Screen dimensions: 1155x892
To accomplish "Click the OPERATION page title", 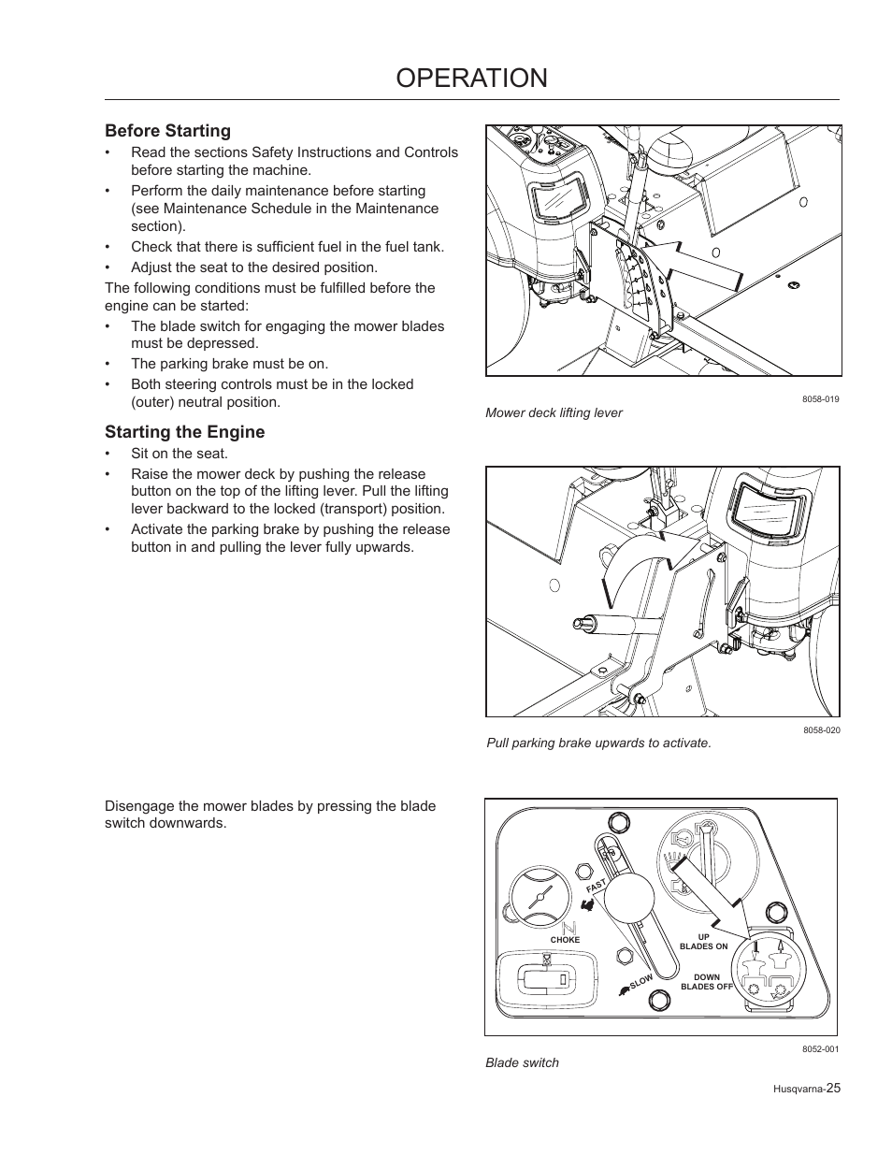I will click(x=471, y=79).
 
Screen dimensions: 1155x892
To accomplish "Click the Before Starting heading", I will click(x=167, y=131).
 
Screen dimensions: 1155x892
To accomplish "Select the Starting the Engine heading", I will click(x=184, y=432).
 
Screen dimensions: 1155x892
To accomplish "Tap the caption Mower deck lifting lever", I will click(x=554, y=412).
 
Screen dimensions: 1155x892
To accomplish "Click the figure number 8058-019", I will click(x=820, y=399).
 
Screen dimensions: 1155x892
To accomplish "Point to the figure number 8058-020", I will click(x=820, y=729).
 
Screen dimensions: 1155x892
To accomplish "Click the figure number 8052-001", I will click(x=820, y=1049).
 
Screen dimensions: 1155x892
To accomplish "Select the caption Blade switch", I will click(x=522, y=1062).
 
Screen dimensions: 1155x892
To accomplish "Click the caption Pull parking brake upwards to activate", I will click(x=598, y=743).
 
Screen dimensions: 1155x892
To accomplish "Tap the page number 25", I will click(x=832, y=1088).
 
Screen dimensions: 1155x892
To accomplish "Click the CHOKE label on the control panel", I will click(x=565, y=940).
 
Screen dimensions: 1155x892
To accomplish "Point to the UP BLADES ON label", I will click(x=703, y=942).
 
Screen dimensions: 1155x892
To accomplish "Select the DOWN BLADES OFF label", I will click(x=706, y=982).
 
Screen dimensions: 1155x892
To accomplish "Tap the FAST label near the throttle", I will click(x=597, y=886).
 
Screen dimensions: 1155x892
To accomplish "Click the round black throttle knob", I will click(x=628, y=901).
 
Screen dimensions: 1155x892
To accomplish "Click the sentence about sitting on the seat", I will click(x=179, y=454).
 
